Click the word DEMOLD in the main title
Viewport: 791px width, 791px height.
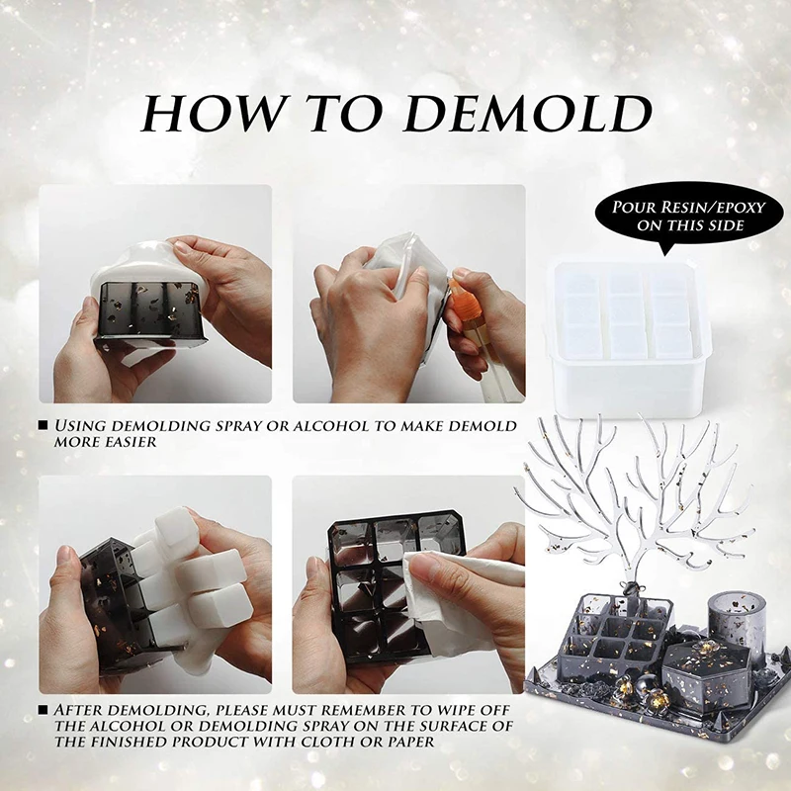click(528, 114)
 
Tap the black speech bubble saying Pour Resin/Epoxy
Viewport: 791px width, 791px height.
click(688, 217)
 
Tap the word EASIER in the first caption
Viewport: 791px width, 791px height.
click(127, 442)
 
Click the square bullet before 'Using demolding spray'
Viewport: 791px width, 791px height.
click(44, 426)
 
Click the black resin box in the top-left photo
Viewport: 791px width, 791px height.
click(150, 313)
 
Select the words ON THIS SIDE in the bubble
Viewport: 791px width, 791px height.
click(689, 225)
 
